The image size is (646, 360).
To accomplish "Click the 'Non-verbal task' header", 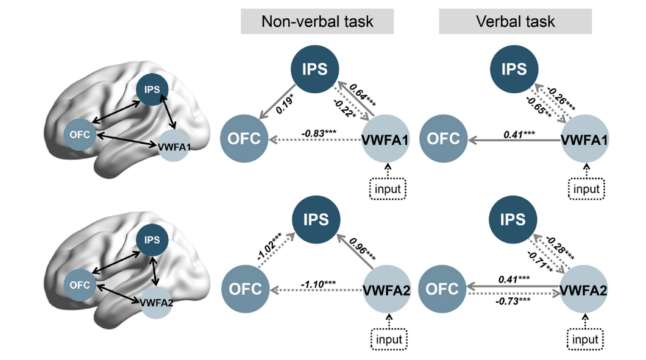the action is tap(318, 21).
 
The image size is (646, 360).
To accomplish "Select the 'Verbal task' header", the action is tap(516, 21).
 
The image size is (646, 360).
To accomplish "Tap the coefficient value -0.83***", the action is tap(319, 133).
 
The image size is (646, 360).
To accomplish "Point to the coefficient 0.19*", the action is tap(285, 105).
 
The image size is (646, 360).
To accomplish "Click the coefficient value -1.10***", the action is tap(318, 284).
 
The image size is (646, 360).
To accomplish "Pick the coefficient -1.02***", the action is tap(269, 245).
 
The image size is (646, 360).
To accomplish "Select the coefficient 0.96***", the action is tap(363, 249).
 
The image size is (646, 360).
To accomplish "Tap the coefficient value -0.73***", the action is tap(513, 301).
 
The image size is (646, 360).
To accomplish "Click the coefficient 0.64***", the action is tap(363, 95).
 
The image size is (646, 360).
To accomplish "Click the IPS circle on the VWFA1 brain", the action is tap(152, 90).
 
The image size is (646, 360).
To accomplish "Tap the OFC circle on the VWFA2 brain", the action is tap(79, 285).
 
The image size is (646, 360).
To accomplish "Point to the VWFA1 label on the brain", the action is tap(174, 147).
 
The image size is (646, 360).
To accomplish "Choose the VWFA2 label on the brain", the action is tap(157, 303).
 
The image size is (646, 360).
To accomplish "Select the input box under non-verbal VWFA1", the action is tap(388, 189).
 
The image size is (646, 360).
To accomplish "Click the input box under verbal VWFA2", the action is tap(585, 339).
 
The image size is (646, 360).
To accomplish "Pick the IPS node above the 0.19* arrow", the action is tap(314, 69).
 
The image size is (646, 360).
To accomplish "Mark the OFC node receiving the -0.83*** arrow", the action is tap(244, 139).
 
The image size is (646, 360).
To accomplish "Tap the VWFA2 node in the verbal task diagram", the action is tap(583, 290).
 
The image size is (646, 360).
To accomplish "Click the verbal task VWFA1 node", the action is tap(584, 139).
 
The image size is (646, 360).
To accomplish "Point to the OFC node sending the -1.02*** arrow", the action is tap(246, 289).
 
